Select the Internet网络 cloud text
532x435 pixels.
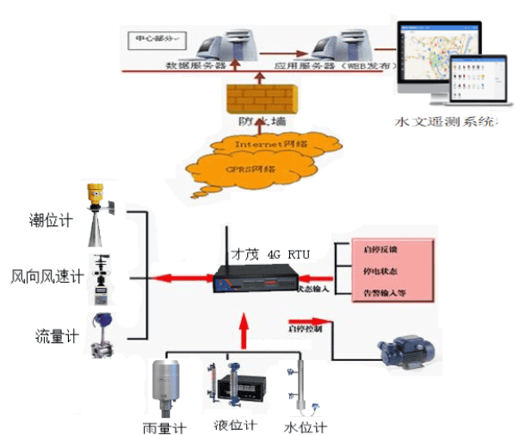(x=270, y=144)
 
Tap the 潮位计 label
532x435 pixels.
(x=51, y=221)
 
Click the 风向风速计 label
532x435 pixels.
(x=47, y=277)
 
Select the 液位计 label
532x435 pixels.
(x=235, y=426)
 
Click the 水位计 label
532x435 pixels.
(x=305, y=426)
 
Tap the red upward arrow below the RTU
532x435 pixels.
(x=244, y=328)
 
